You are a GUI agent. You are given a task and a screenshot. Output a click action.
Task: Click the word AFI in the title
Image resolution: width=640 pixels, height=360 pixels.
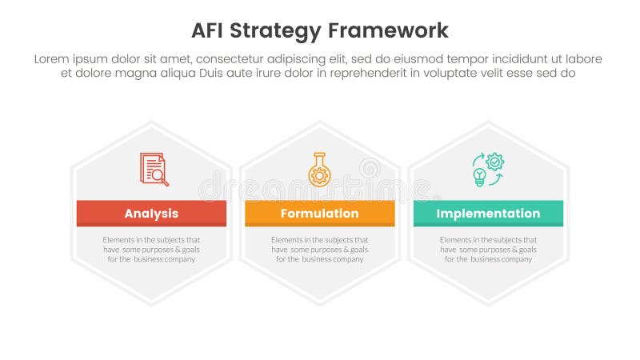(210, 30)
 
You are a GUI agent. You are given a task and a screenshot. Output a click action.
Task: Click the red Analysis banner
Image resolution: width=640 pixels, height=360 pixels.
(151, 214)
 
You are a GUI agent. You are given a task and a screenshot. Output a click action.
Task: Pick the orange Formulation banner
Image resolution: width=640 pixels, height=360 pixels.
(319, 214)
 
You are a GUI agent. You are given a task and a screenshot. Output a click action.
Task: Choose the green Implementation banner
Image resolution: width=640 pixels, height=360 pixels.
(488, 214)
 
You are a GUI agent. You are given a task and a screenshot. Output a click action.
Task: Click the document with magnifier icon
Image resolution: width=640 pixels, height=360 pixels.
(154, 169)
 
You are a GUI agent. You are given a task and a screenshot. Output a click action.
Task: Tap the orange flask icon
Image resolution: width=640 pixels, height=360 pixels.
(319, 169)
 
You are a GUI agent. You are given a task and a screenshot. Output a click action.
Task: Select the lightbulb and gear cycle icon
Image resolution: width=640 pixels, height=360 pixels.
(488, 169)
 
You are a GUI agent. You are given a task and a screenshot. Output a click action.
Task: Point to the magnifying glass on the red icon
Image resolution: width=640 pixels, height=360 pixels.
(161, 177)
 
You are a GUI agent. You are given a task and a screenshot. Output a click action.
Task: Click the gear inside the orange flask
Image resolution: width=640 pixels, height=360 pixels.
(319, 175)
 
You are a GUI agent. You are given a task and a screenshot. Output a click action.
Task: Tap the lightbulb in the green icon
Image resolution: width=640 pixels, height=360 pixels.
(480, 176)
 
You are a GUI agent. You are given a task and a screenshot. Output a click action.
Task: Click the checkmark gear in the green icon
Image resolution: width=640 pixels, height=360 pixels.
(495, 162)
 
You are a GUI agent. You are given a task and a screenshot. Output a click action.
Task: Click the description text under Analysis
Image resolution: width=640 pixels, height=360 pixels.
(151, 249)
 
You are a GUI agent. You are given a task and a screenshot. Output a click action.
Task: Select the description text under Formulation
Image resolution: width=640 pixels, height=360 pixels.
(319, 249)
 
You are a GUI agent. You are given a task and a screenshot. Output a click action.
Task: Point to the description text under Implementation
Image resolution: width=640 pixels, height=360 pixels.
(488, 249)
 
